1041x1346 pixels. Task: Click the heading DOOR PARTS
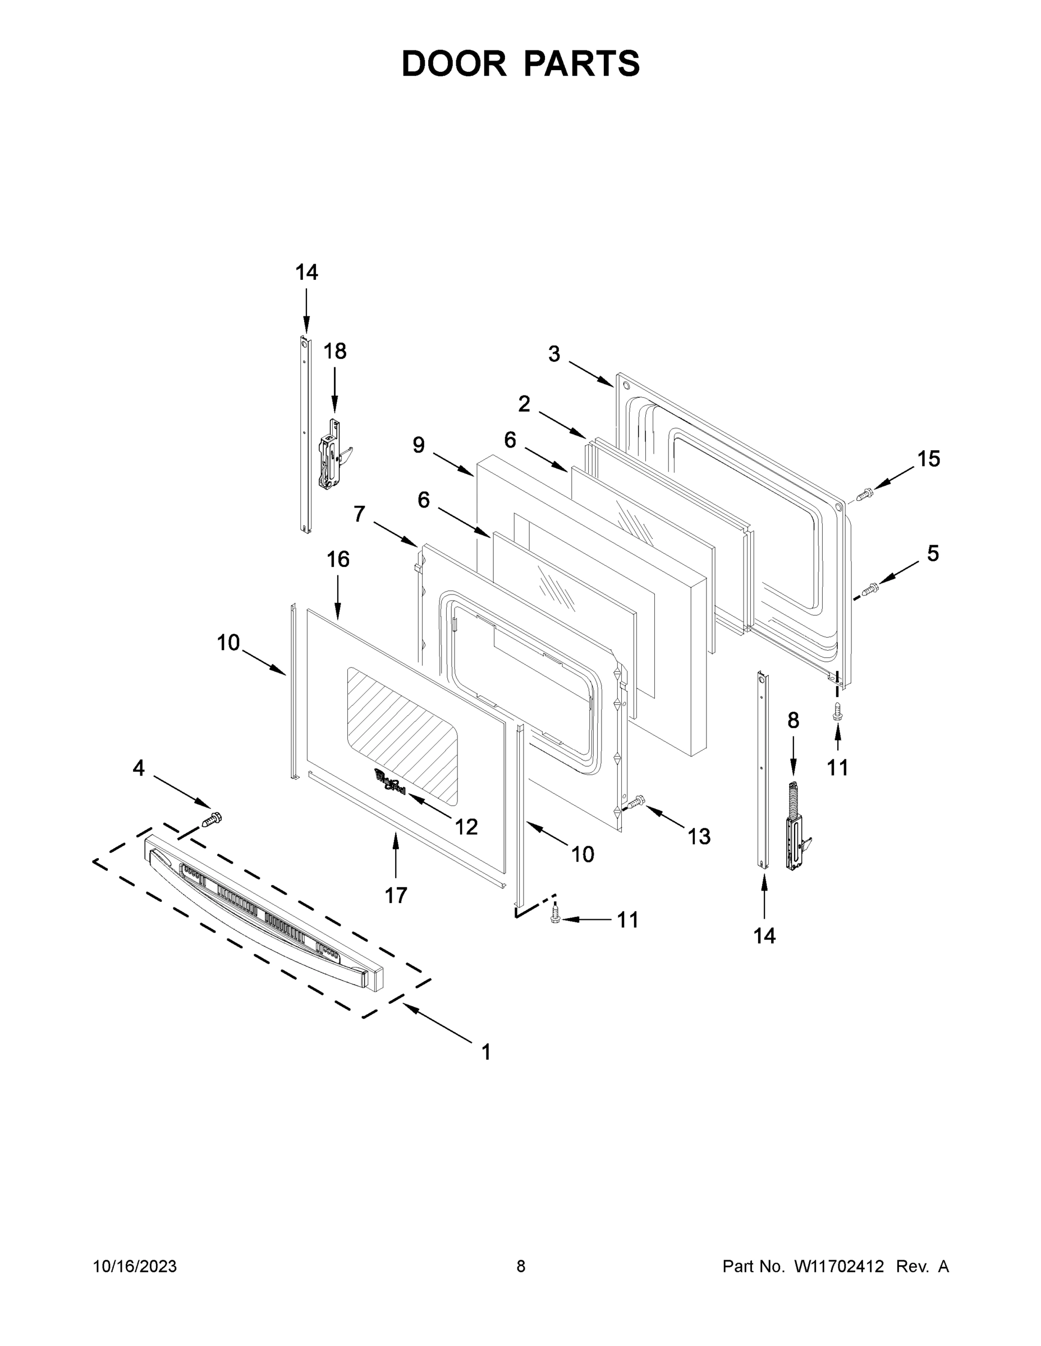[x=521, y=63]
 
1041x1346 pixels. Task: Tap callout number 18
[x=335, y=351]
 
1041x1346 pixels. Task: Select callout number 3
[x=554, y=354]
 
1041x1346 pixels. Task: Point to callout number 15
[x=928, y=459]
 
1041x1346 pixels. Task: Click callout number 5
[x=933, y=554]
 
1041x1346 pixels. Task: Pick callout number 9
[x=419, y=444]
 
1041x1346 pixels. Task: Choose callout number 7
[x=359, y=513]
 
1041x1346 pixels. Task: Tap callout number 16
[x=338, y=560]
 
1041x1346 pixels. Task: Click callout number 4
[x=139, y=768]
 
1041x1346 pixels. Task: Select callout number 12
[x=466, y=827]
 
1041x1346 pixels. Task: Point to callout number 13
[x=699, y=836]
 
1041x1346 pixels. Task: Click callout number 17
[x=396, y=895]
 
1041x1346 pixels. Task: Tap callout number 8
[x=793, y=720]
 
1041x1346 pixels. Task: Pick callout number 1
[x=486, y=1052]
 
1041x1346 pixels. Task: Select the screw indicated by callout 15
[x=865, y=493]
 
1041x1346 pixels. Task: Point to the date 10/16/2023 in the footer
[x=135, y=1266]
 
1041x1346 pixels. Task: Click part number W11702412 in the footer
[x=839, y=1266]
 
